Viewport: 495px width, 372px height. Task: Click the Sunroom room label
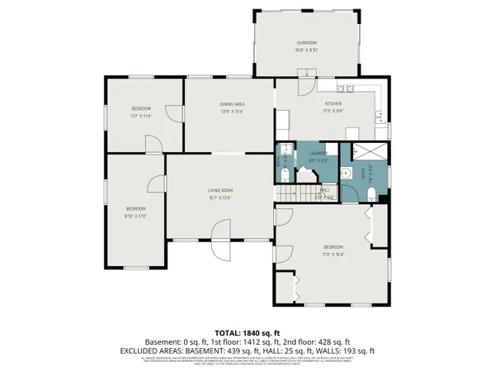307,42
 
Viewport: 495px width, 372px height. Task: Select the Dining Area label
231,103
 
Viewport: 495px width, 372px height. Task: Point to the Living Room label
219,191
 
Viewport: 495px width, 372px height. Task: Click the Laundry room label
318,153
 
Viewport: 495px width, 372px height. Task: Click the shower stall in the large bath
365,154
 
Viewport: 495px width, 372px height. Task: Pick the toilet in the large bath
372,194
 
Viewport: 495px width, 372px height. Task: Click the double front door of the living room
221,238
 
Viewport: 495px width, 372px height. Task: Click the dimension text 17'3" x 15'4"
333,253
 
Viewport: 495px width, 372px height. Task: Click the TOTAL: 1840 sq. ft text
247,330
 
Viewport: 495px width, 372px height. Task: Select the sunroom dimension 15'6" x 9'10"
307,49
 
